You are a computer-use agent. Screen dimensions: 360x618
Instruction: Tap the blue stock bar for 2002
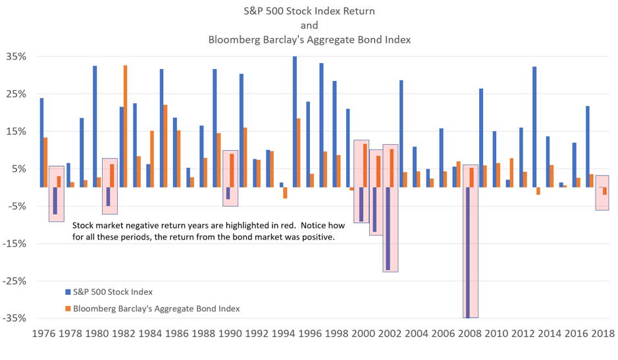click(x=388, y=228)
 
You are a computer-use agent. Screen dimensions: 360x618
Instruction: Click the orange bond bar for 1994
click(x=285, y=193)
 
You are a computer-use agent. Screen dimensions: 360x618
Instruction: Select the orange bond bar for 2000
click(x=365, y=165)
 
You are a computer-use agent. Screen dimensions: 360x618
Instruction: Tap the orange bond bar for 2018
click(x=605, y=191)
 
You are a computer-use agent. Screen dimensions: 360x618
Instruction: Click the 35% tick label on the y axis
click(x=14, y=57)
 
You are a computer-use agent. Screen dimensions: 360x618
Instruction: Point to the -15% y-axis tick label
click(x=13, y=244)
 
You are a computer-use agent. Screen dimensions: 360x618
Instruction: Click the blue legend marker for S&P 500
click(x=66, y=291)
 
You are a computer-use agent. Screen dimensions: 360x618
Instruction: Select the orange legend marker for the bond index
click(x=66, y=308)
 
